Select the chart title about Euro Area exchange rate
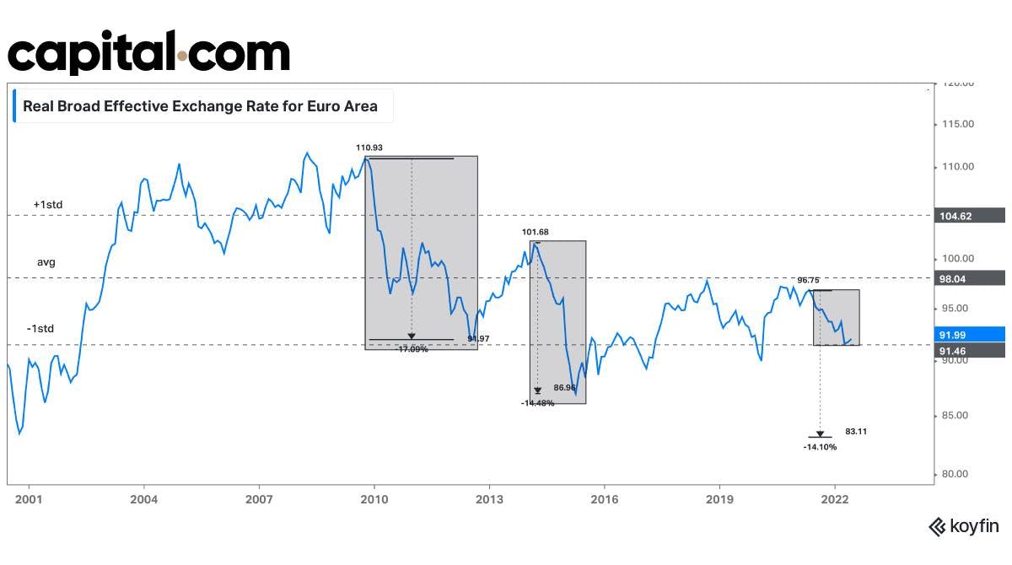(200, 107)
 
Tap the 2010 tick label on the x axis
(374, 498)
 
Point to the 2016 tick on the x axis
(605, 498)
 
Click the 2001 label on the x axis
(30, 498)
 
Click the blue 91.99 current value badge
(972, 335)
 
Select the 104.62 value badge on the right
(972, 216)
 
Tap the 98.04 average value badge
(972, 277)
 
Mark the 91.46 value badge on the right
(972, 350)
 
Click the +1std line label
(48, 205)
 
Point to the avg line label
(46, 262)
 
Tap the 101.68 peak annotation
(536, 232)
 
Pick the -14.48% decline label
(537, 403)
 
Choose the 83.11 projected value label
(856, 431)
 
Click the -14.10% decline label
(820, 447)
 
